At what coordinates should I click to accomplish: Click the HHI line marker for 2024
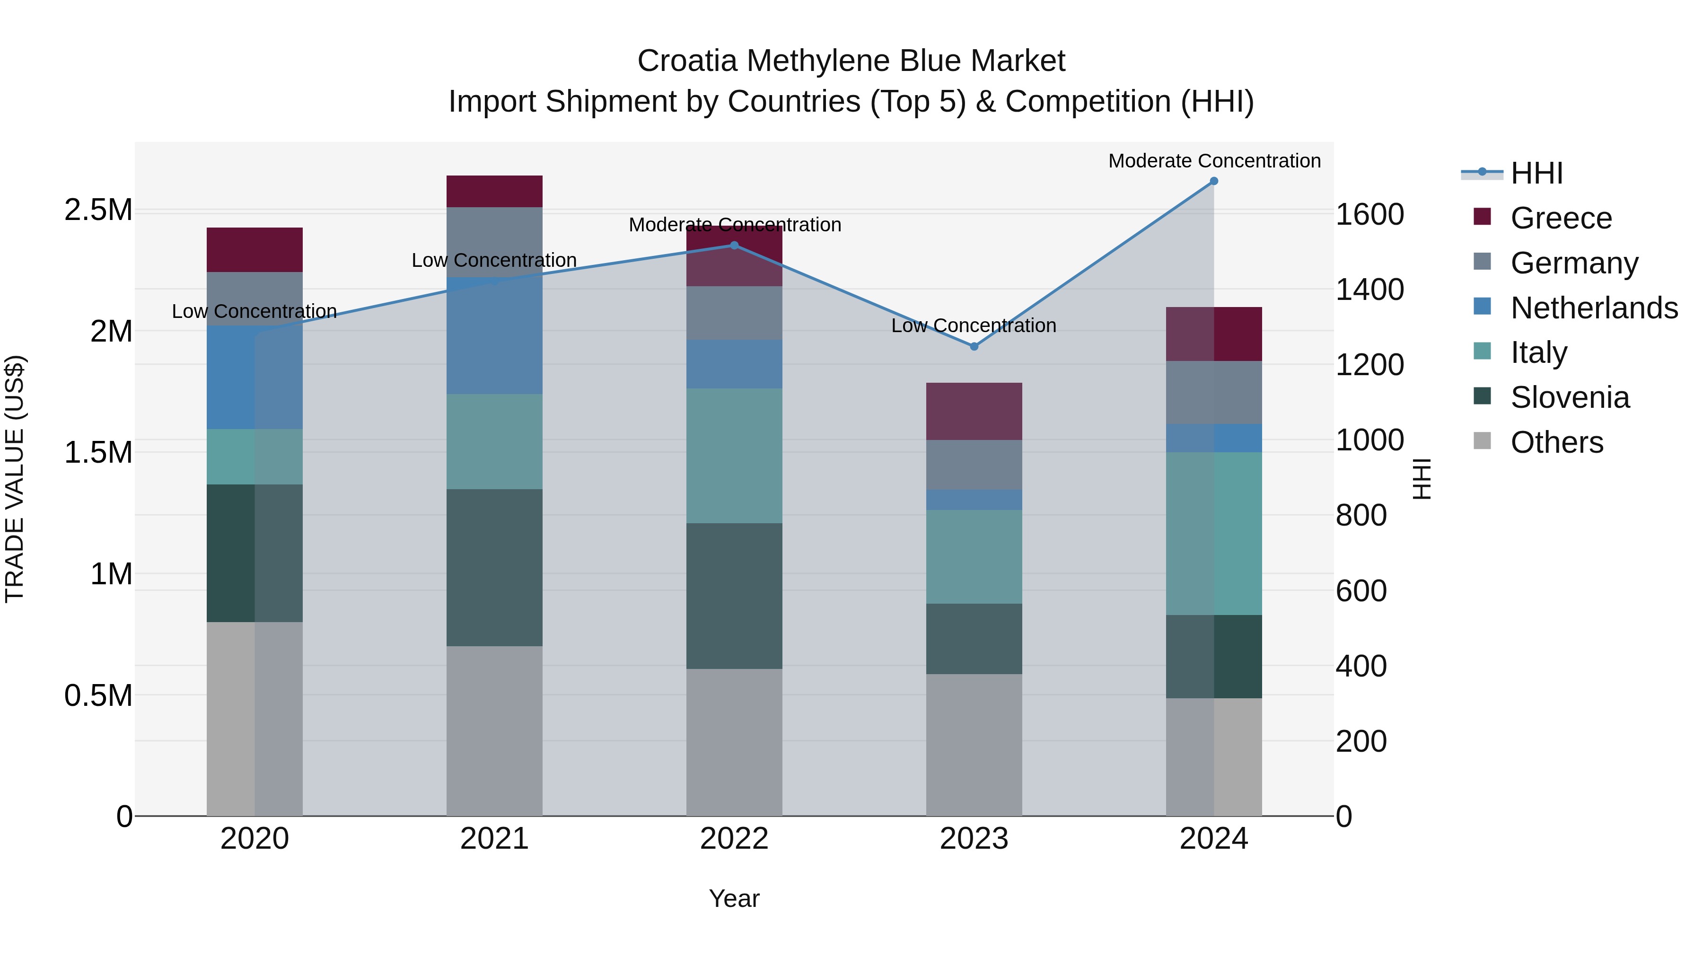click(x=1214, y=181)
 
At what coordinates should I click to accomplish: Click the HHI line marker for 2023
click(x=974, y=346)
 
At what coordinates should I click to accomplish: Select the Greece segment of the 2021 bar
click(x=494, y=191)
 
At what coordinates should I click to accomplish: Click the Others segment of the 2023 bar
click(x=974, y=745)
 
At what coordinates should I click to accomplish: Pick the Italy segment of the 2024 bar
click(x=1214, y=534)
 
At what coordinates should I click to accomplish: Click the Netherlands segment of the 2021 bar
click(x=494, y=335)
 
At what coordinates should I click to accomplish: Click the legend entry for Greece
click(x=1560, y=218)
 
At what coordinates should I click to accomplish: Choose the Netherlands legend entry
click(x=1593, y=308)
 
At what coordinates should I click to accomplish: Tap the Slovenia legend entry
click(x=1570, y=397)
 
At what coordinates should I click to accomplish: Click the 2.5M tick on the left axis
click(x=98, y=210)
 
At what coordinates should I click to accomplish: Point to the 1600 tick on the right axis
click(x=1369, y=215)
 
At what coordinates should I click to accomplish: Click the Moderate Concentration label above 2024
click(x=1214, y=161)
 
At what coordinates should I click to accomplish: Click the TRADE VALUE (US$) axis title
click(x=15, y=479)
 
